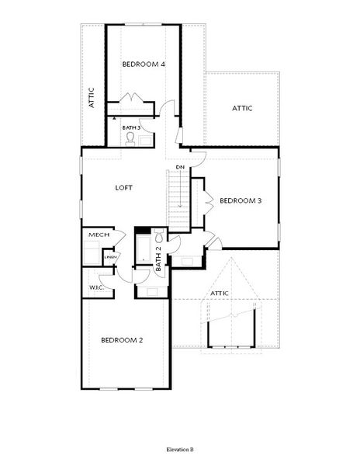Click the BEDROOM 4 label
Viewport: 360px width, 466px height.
(144, 64)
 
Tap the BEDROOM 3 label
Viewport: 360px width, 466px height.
(240, 200)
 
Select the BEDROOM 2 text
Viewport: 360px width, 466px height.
(122, 339)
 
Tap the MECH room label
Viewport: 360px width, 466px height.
(99, 235)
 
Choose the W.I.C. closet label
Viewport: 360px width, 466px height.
(97, 288)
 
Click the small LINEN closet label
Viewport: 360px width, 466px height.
(111, 257)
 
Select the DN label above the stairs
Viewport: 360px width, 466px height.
(179, 168)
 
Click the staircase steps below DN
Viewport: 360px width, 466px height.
(179, 198)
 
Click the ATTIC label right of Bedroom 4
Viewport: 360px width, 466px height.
(242, 109)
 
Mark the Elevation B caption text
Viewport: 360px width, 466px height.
(180, 450)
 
